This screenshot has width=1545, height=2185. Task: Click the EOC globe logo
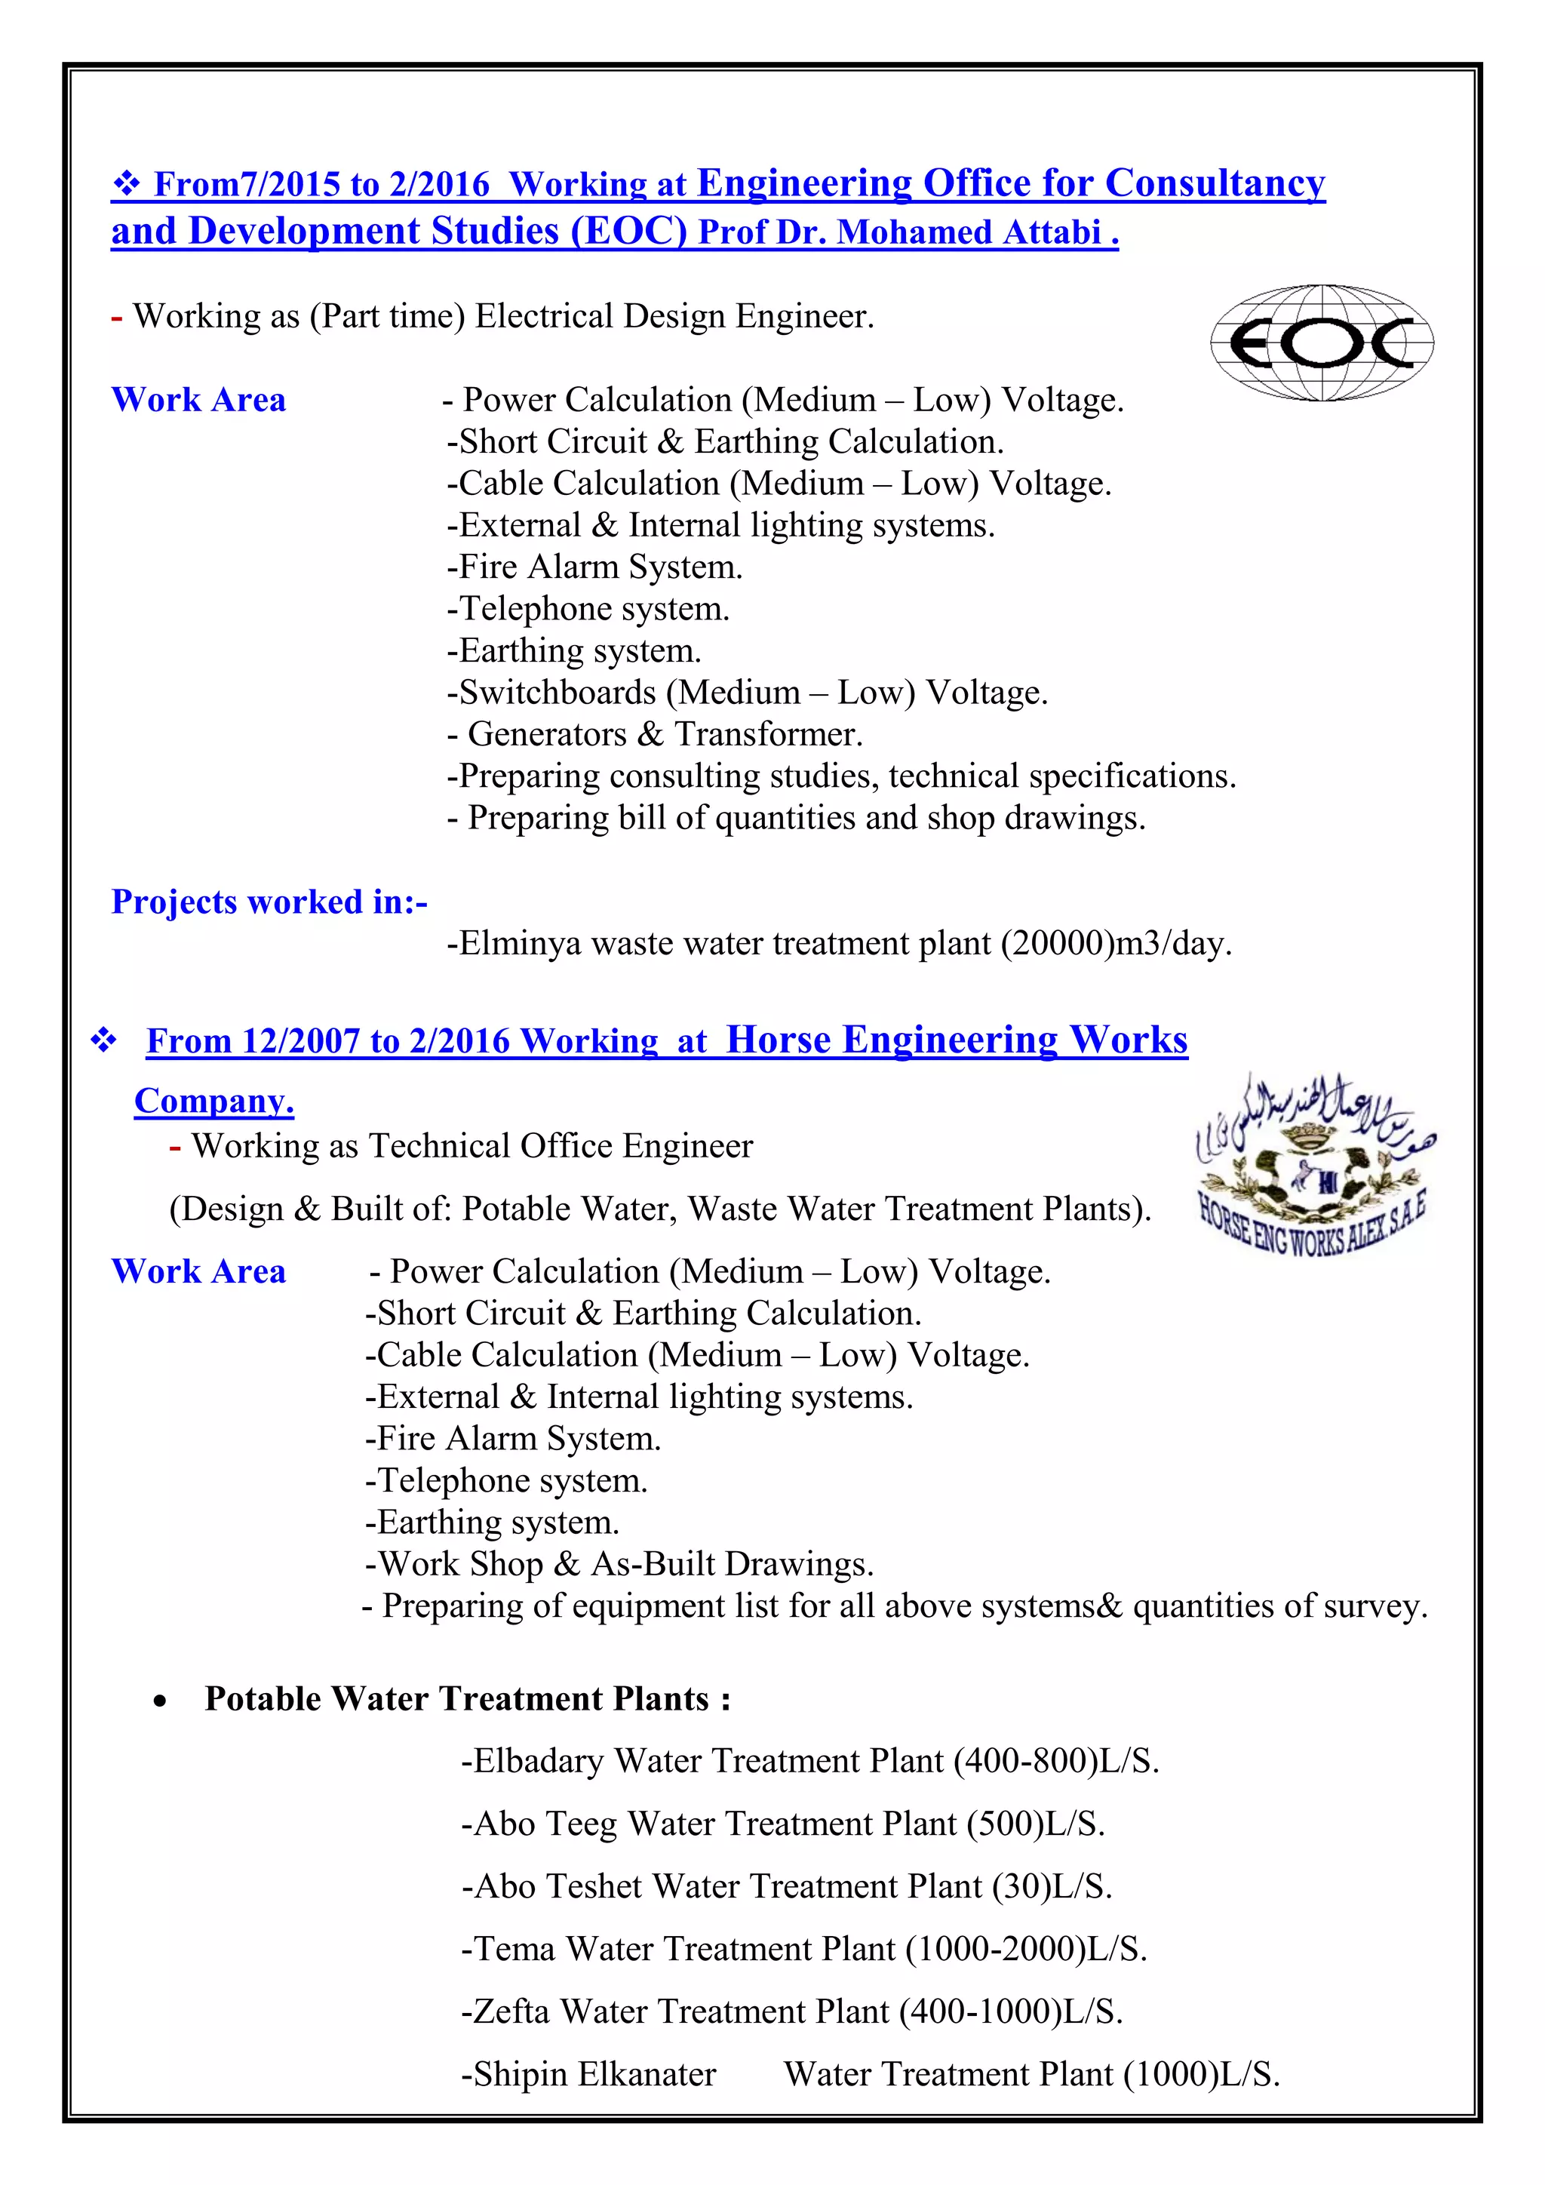click(1322, 343)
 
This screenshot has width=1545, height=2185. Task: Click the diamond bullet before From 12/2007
click(103, 1040)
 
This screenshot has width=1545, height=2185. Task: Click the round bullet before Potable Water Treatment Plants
click(160, 1701)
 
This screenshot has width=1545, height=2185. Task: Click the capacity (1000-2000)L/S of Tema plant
click(1025, 1948)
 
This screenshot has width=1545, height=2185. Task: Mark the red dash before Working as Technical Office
click(175, 1148)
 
